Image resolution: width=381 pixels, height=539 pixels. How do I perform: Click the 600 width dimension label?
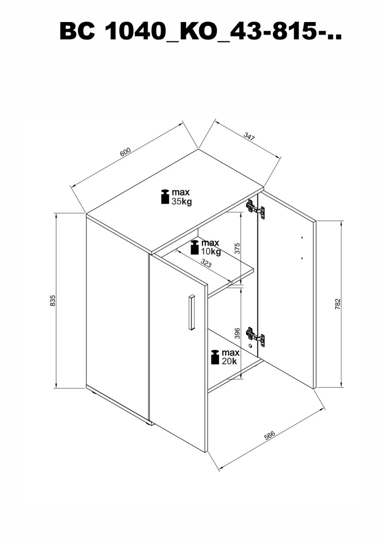(x=125, y=152)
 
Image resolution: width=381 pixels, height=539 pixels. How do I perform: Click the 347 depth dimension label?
(x=249, y=136)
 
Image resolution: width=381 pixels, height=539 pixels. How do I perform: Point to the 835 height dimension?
(x=53, y=300)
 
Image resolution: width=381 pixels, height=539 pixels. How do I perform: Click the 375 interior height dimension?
(x=237, y=248)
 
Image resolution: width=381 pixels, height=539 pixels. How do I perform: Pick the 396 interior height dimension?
(x=237, y=333)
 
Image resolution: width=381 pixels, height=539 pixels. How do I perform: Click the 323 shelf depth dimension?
(x=206, y=263)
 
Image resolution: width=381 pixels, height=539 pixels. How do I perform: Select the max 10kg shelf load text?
(x=211, y=247)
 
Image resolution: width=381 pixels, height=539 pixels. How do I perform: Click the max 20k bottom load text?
(x=230, y=357)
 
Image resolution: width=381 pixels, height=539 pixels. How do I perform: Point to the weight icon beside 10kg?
(x=195, y=247)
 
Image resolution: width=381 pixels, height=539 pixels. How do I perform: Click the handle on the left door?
(x=192, y=312)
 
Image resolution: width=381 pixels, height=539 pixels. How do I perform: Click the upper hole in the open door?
(x=302, y=238)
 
